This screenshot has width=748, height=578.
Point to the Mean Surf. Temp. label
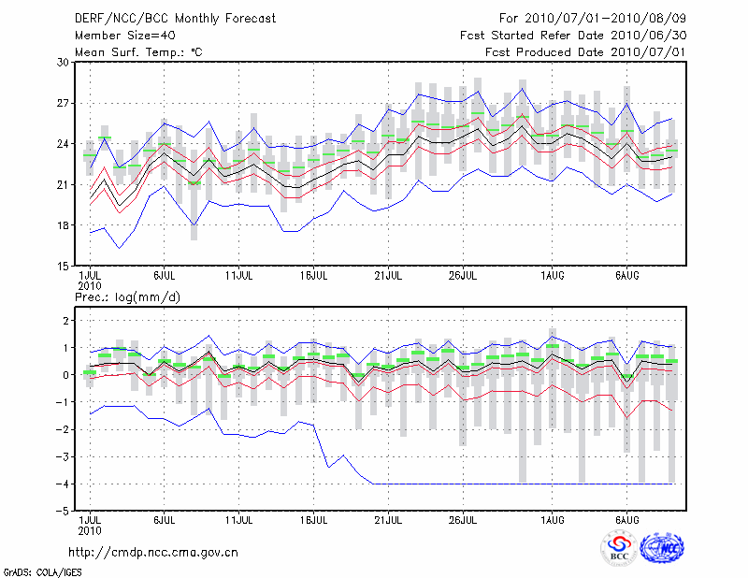point(138,52)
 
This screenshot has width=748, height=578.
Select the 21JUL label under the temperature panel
point(389,276)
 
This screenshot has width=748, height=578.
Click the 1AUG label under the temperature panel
point(552,276)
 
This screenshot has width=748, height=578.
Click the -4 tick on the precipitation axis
point(64,484)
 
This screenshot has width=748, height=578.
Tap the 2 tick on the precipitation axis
point(66,321)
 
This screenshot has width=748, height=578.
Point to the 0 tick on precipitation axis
point(66,375)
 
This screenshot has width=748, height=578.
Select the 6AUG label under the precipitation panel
point(626,518)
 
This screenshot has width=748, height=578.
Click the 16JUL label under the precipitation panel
point(314,518)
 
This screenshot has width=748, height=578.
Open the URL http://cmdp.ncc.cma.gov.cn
point(155,552)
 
